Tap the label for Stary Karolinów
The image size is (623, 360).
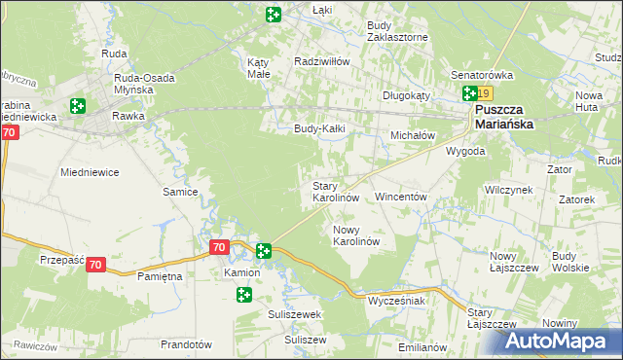tap(336, 191)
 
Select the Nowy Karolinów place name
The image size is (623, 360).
tap(354, 234)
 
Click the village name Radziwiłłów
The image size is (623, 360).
tap(322, 60)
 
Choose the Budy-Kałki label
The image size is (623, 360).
tap(321, 127)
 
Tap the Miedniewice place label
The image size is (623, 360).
tap(90, 172)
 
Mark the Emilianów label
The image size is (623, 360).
tap(422, 347)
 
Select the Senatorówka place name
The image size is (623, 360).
tap(481, 74)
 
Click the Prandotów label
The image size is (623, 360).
tap(186, 344)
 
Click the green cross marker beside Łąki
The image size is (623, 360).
tap(274, 15)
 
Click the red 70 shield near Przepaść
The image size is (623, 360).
tap(95, 264)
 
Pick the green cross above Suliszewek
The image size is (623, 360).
tap(243, 294)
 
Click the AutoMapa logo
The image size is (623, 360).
tap(561, 341)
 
